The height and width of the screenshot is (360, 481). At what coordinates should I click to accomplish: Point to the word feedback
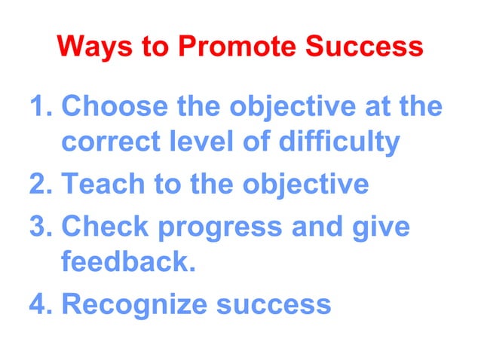(x=123, y=263)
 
